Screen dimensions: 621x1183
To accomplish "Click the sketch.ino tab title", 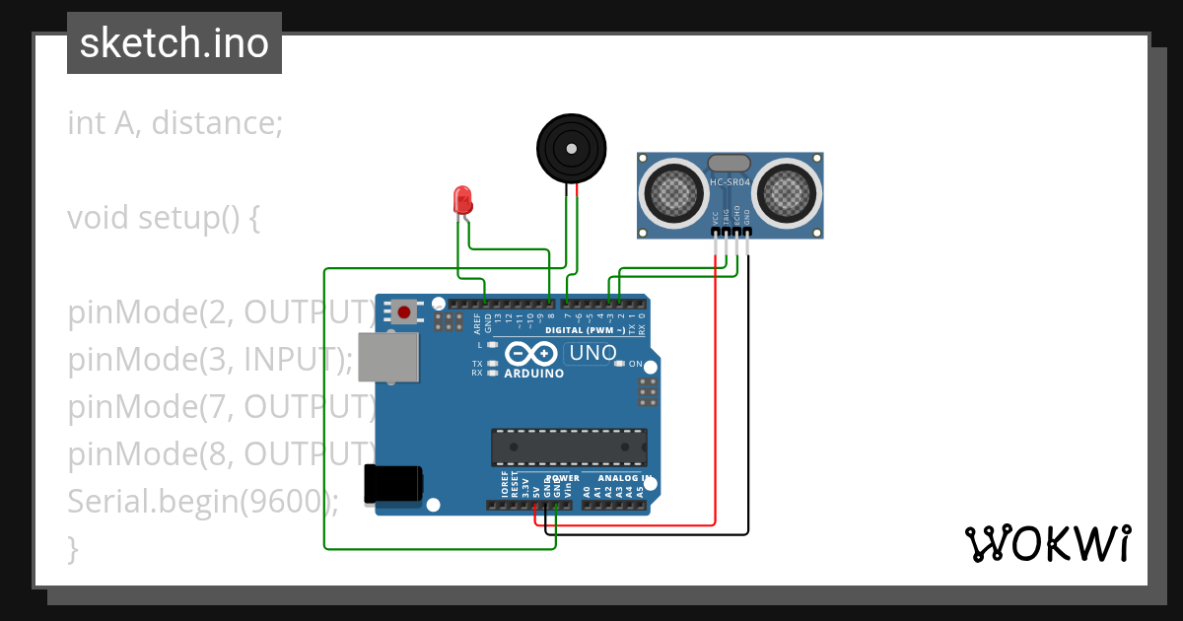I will (x=174, y=43).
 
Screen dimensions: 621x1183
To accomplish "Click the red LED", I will (x=461, y=200).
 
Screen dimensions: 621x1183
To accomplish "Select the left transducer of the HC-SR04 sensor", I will (x=674, y=191).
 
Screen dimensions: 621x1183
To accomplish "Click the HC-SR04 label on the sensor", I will (x=731, y=182).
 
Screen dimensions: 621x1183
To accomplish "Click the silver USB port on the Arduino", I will (x=386, y=357).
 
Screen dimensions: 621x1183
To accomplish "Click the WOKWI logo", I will (x=1047, y=543).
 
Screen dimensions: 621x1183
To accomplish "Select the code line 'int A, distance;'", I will (x=174, y=123).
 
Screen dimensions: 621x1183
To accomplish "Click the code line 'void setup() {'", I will (x=164, y=218).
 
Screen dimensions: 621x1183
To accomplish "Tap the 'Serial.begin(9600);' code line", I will (x=202, y=502).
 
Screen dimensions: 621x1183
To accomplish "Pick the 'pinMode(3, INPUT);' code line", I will (x=209, y=360).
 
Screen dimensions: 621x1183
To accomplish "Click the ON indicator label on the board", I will (x=635, y=364).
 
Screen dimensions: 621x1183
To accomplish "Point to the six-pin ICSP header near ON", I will (x=648, y=391).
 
